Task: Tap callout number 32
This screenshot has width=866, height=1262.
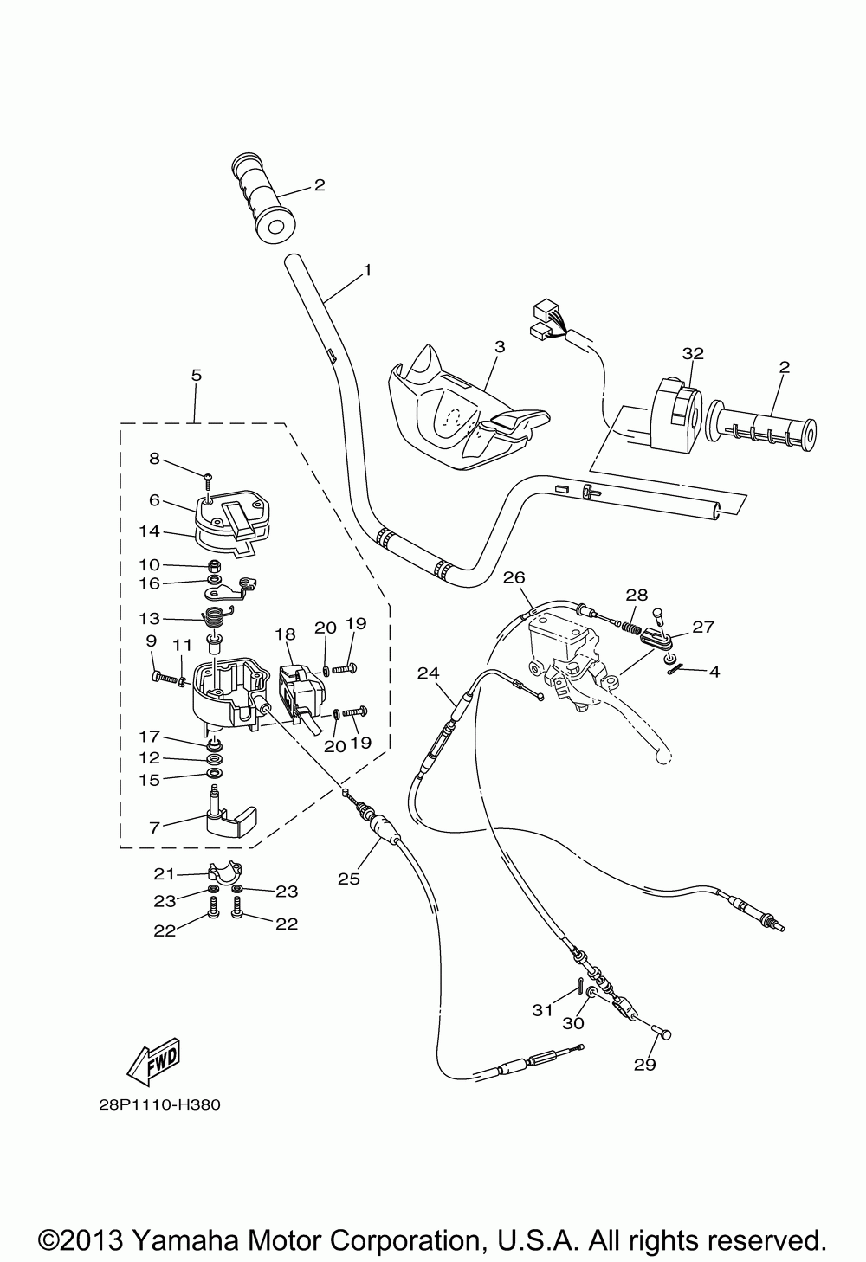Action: point(693,353)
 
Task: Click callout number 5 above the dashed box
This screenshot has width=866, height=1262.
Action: point(197,375)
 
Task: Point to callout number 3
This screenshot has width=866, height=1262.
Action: point(499,346)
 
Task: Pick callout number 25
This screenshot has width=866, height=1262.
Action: point(348,879)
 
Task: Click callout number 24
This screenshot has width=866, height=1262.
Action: point(427,673)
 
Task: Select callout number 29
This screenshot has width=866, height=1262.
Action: point(645,1065)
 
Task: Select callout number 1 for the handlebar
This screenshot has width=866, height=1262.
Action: point(367,270)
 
